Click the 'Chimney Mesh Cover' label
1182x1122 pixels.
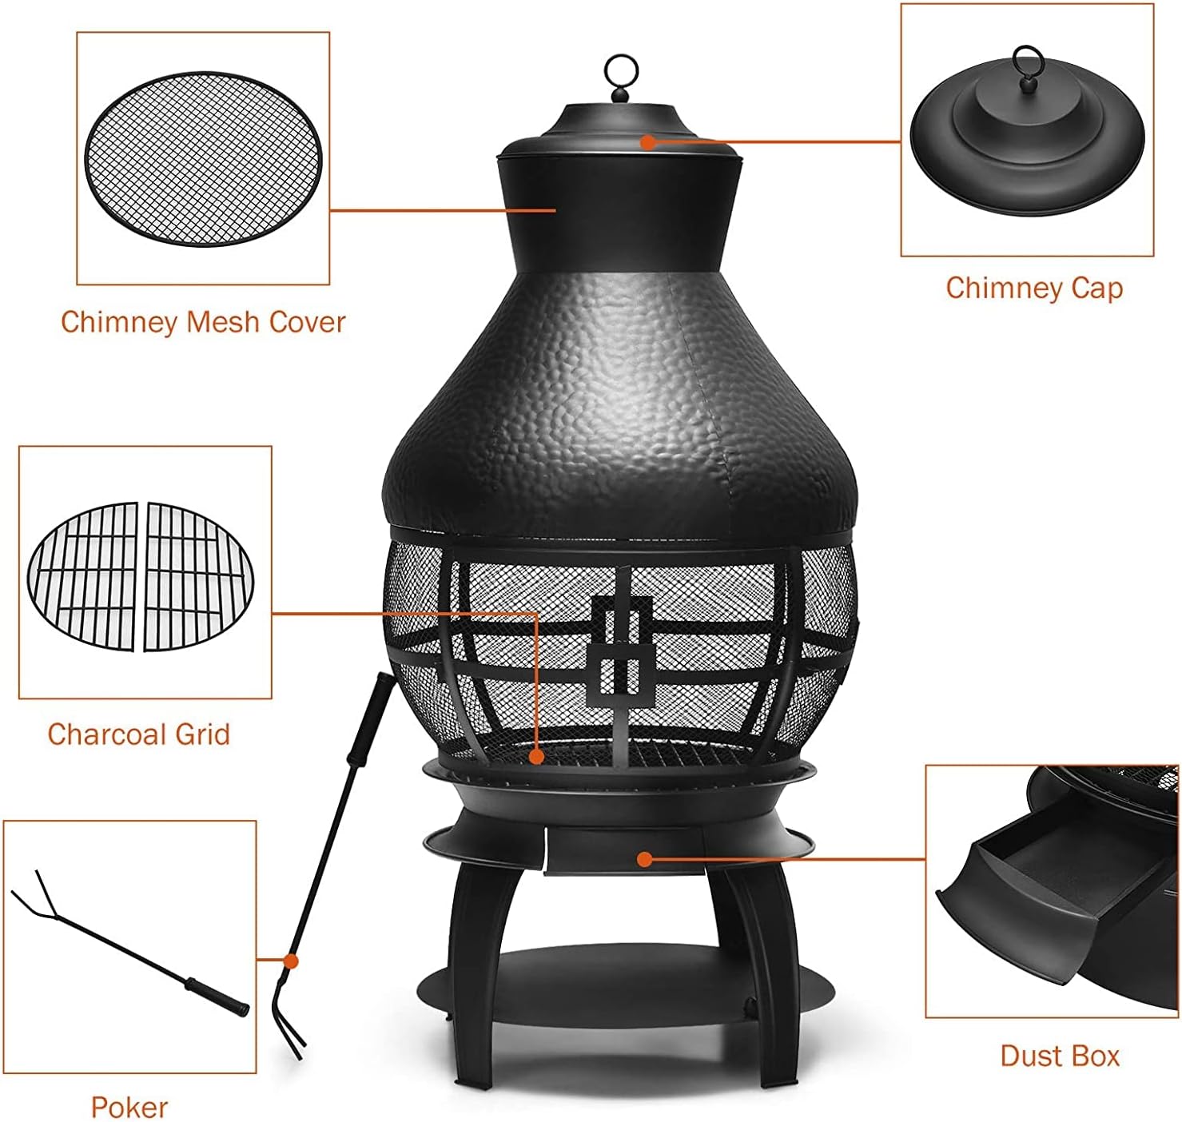[x=203, y=322]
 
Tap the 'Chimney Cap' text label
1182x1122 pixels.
[x=1034, y=288]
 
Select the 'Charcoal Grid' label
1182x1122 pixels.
[x=138, y=734]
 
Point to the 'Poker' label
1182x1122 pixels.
[x=129, y=1107]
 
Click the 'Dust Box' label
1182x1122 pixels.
[x=1060, y=1056]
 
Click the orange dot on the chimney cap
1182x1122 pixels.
[x=648, y=142]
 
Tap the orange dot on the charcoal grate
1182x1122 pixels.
[x=537, y=755]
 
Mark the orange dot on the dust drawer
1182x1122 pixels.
[x=644, y=859]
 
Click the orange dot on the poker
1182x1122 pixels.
[x=291, y=961]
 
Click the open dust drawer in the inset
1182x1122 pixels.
[x=1031, y=887]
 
